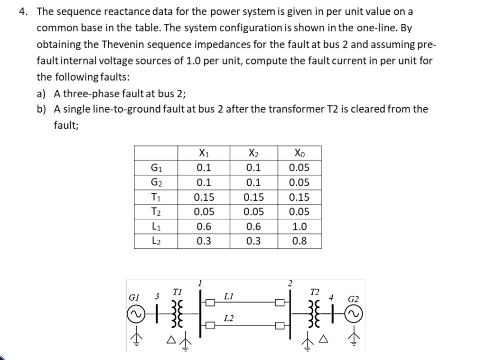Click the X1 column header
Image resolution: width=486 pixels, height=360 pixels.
203,153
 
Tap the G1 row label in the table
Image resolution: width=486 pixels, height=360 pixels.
155,168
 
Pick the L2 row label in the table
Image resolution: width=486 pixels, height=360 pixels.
155,241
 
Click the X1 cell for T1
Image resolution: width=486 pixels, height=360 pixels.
204,197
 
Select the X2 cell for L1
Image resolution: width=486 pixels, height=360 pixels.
252,227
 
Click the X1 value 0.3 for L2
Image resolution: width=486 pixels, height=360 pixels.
204,241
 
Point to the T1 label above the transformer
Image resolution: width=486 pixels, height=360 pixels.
177,291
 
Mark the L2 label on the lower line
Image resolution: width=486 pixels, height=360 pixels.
228,317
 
